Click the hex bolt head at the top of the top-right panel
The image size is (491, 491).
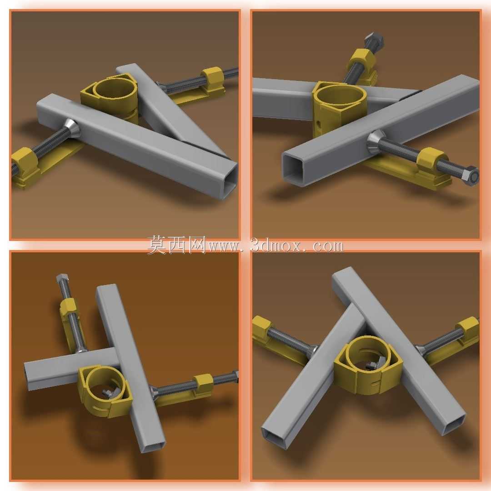tap(374, 39)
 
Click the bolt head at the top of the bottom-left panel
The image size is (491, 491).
tap(61, 278)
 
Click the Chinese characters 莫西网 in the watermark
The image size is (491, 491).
tap(176, 245)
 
